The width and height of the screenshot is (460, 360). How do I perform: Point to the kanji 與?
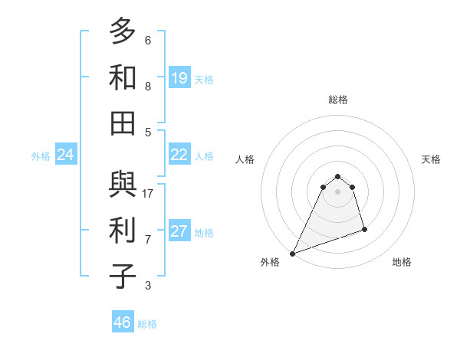123,185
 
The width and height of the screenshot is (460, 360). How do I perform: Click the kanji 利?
123,231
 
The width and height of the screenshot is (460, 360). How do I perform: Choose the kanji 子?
123,277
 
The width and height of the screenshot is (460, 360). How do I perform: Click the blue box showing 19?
179,77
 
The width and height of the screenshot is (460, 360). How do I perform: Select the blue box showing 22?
179,155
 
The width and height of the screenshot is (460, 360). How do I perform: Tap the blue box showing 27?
179,231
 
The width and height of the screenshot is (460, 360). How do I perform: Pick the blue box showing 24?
66,155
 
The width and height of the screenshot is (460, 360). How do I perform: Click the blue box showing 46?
123,322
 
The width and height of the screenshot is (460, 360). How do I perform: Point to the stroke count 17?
148,194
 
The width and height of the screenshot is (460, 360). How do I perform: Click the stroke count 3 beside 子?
148,286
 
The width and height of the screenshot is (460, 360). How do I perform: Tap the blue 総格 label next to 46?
147,324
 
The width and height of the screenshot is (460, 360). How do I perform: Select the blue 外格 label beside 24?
41,156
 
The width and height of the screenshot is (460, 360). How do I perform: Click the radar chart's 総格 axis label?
337,100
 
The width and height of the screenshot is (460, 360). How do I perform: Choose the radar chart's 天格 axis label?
431,159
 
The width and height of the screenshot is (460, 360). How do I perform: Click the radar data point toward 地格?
364,229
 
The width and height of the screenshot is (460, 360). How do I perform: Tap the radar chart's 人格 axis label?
245,159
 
